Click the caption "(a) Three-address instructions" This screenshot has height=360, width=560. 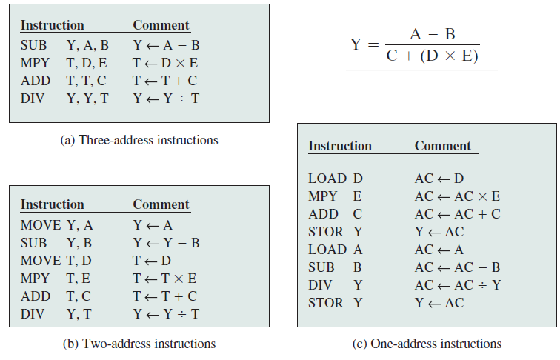139,139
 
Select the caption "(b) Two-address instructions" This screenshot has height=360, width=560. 139,344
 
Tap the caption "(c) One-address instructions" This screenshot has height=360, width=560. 427,344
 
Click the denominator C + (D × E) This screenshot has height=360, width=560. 433,57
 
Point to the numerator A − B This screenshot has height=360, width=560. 433,35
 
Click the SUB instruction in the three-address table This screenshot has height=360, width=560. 33,45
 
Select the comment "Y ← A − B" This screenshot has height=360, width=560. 167,45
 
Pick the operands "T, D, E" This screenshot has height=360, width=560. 87,63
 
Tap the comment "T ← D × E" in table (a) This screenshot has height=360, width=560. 167,63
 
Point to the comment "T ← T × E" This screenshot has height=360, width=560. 165,279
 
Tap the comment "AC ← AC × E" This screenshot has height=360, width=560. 457,196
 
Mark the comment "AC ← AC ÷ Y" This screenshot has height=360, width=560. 457,285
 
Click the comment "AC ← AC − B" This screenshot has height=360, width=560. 457,267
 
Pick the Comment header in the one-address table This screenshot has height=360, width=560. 442,146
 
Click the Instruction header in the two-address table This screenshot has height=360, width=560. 52,204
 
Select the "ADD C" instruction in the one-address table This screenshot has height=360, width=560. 335,214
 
